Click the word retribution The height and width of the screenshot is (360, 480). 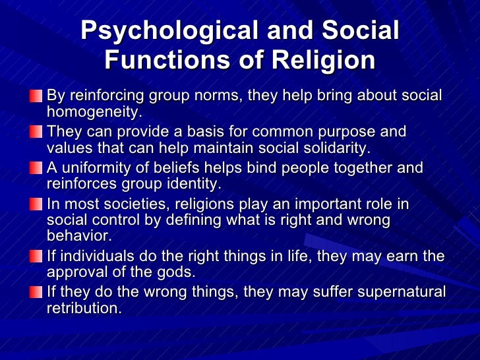coord(84,307)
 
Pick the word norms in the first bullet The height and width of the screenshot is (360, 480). coord(216,96)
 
